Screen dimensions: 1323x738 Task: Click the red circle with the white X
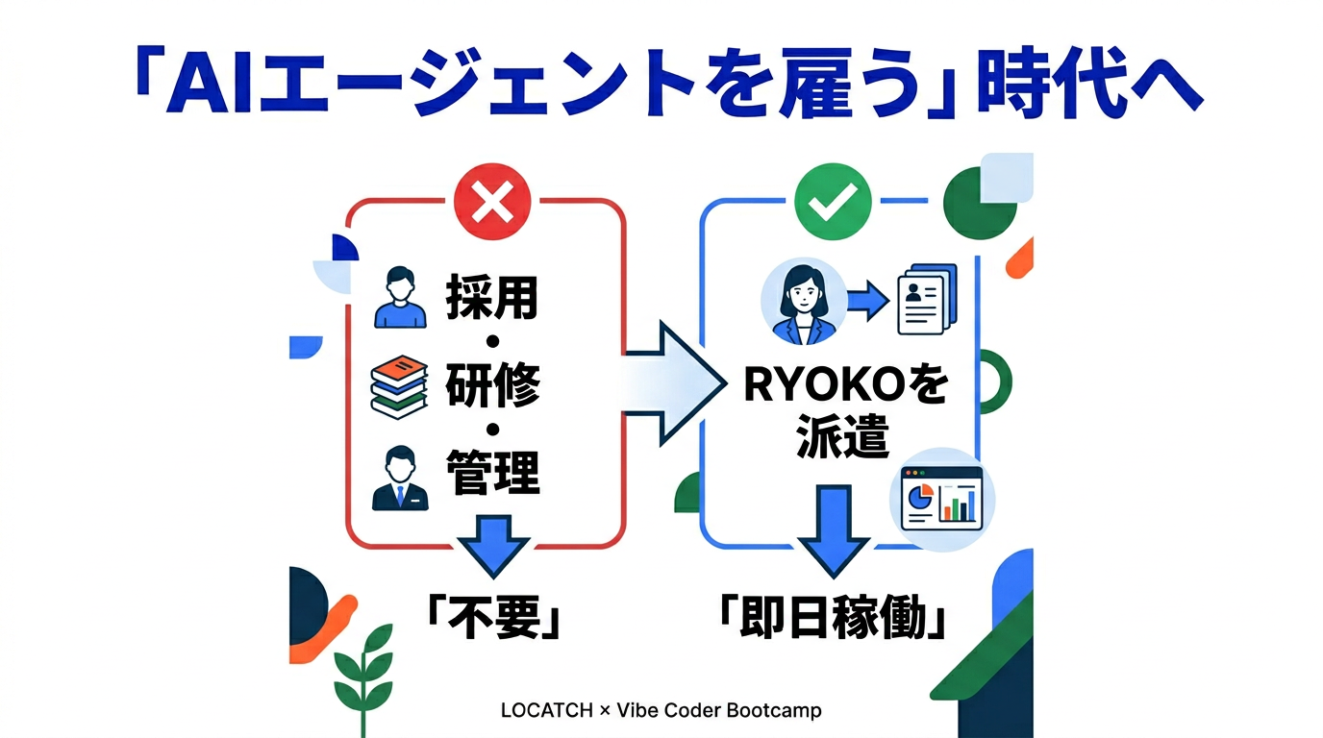492,202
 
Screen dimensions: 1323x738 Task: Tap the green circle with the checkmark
833,202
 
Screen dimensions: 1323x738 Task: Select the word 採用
492,296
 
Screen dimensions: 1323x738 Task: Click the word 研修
492,384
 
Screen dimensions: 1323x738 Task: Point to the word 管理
492,472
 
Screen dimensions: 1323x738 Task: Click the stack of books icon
399,386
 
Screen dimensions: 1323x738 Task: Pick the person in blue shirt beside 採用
400,297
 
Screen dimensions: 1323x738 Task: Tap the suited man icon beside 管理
400,478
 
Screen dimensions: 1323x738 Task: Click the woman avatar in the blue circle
803,301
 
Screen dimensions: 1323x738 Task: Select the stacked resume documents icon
927,300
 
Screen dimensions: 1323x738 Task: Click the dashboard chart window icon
942,499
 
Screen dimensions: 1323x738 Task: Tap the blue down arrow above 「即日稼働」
833,531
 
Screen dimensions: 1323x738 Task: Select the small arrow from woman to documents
868,301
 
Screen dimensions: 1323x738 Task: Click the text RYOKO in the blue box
824,384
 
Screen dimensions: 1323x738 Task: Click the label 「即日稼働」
833,617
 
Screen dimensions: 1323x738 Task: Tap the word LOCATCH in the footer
546,710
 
